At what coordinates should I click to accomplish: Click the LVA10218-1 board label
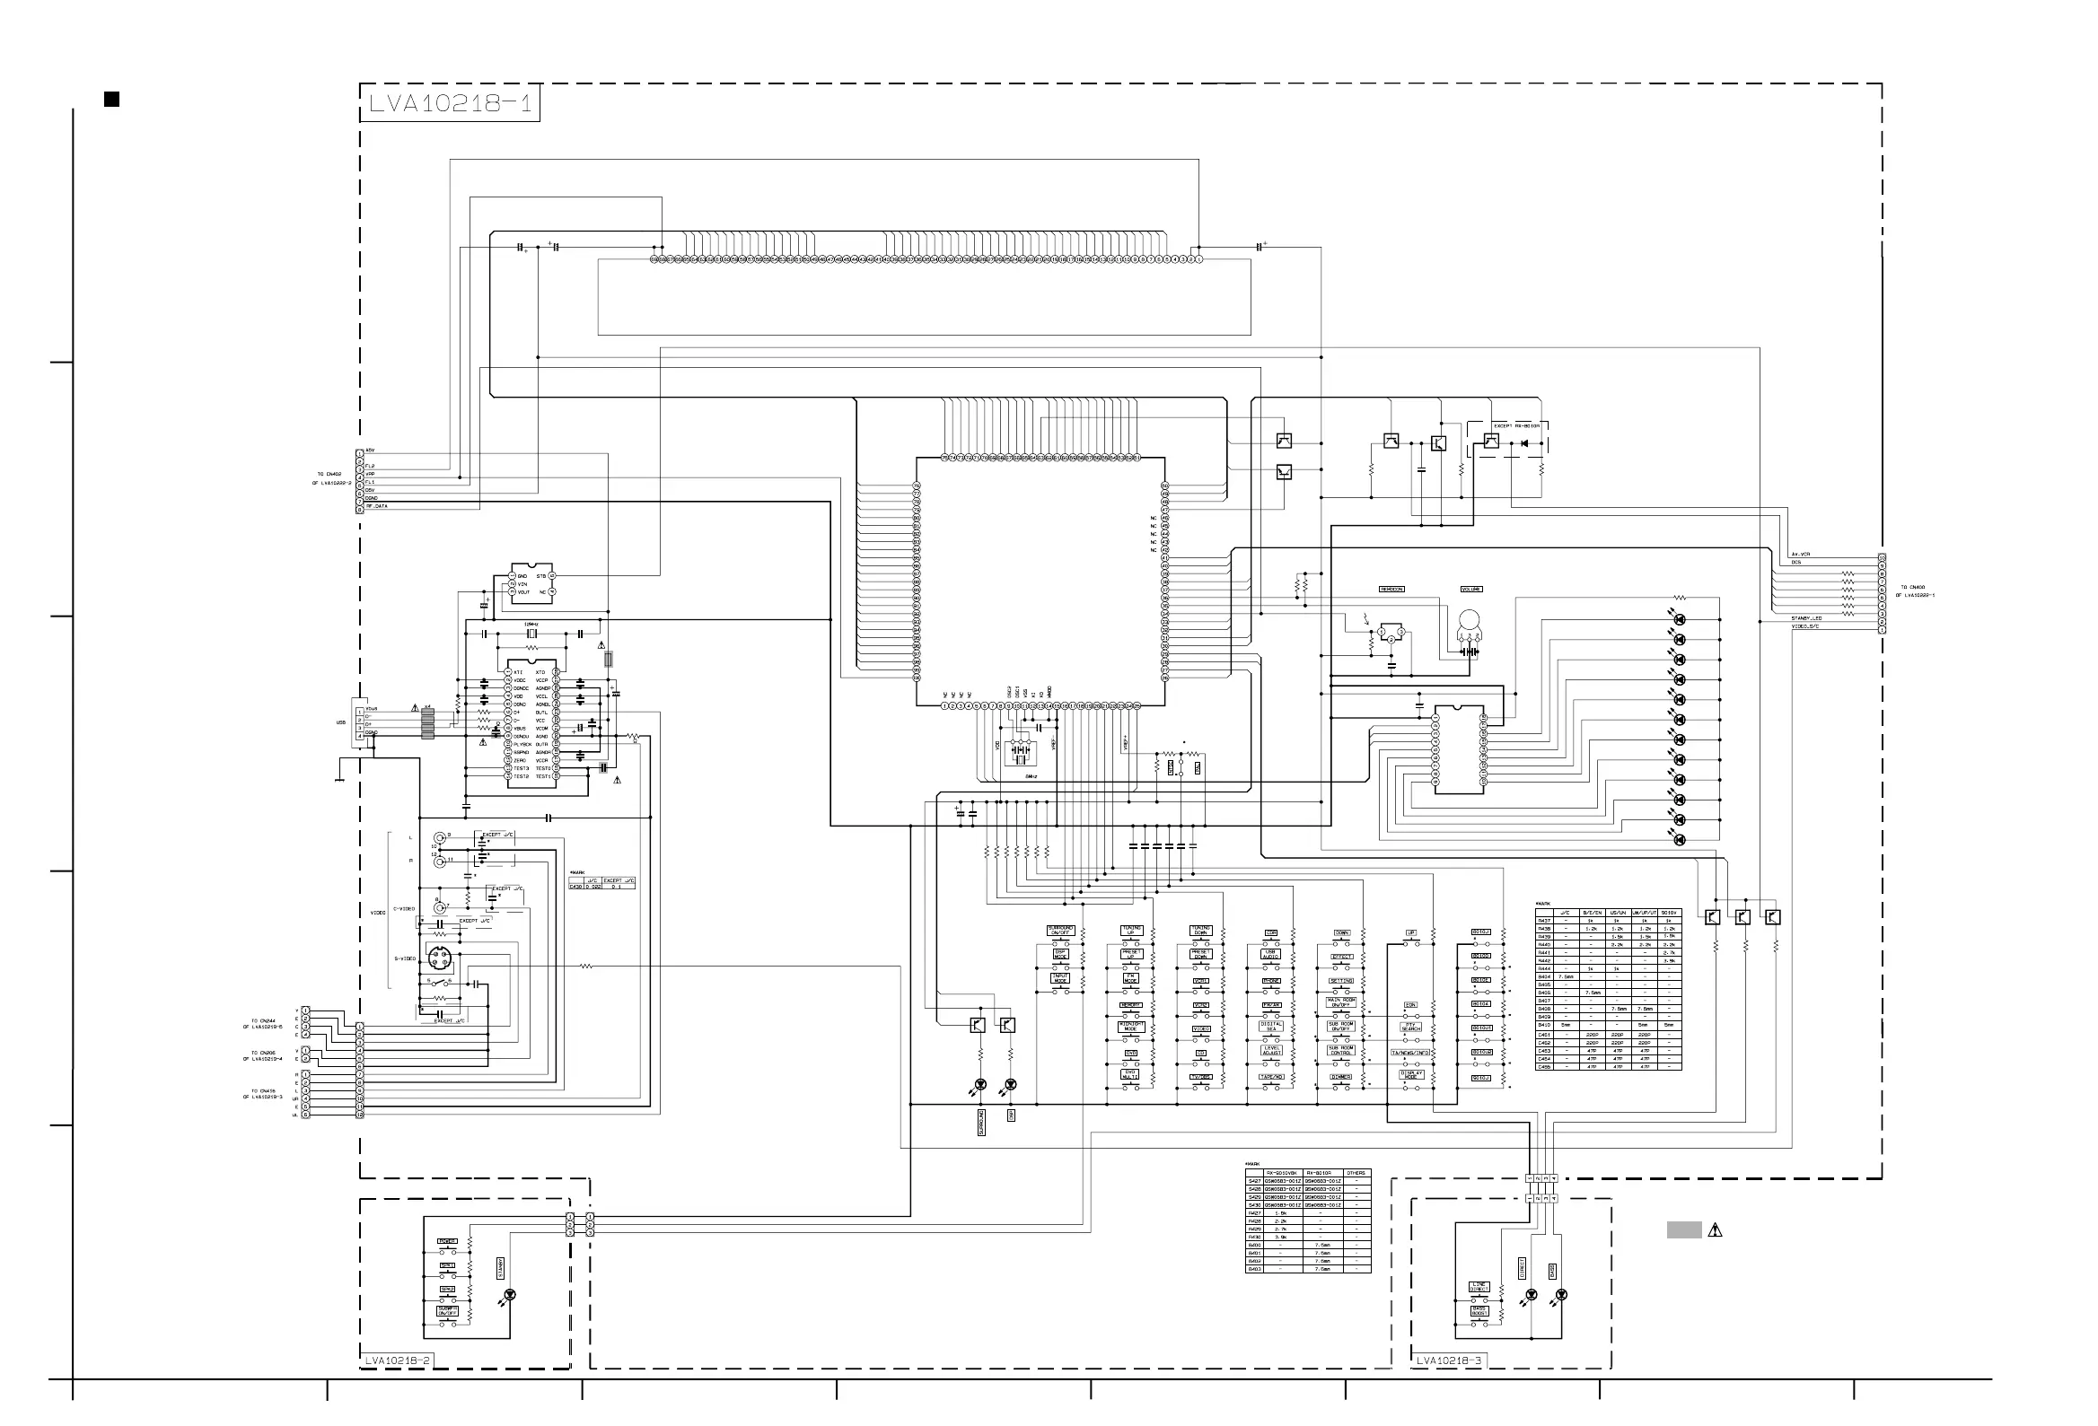pyautogui.click(x=450, y=103)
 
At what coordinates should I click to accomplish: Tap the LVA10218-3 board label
pyautogui.click(x=1449, y=1360)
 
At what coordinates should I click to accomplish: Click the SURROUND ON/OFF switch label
pyautogui.click(x=1061, y=930)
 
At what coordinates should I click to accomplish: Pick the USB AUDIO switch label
pyautogui.click(x=1270, y=953)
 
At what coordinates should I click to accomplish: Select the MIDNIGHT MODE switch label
pyautogui.click(x=1131, y=1027)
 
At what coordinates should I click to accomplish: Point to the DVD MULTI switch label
pyautogui.click(x=1130, y=1074)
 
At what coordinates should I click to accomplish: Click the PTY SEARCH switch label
pyautogui.click(x=1411, y=1026)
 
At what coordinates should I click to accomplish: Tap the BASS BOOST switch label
pyautogui.click(x=1479, y=1310)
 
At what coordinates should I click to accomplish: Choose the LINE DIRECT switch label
pyautogui.click(x=1479, y=1287)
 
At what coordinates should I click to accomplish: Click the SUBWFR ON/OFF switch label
pyautogui.click(x=448, y=1309)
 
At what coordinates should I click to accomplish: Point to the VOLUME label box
pyautogui.click(x=1471, y=590)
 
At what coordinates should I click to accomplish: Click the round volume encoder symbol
pyautogui.click(x=1470, y=621)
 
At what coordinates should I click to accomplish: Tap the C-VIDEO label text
pyautogui.click(x=404, y=909)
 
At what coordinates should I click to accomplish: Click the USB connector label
pyautogui.click(x=341, y=723)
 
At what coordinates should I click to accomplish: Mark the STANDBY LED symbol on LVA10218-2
pyautogui.click(x=509, y=1295)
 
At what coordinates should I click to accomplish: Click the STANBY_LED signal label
pyautogui.click(x=1806, y=618)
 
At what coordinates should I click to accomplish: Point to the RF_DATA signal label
pyautogui.click(x=376, y=506)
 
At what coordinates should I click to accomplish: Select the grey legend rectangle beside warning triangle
pyautogui.click(x=1683, y=1229)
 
